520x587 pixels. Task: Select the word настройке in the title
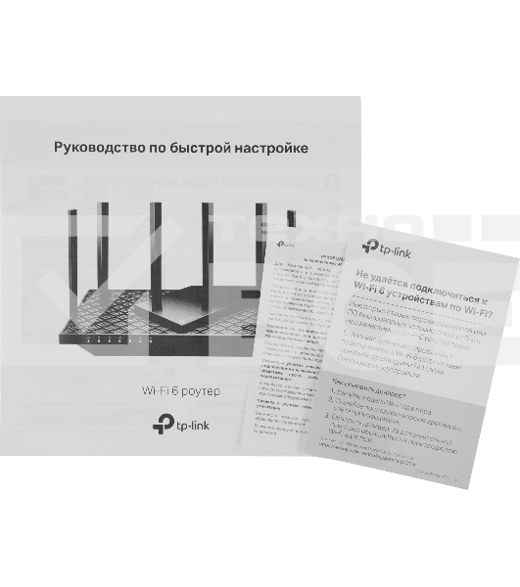click(272, 148)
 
